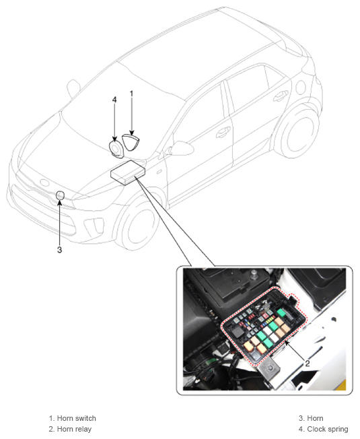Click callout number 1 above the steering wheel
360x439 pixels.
point(131,94)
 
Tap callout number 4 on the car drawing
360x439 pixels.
point(114,100)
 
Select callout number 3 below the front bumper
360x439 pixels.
point(60,249)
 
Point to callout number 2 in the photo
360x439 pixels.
point(308,364)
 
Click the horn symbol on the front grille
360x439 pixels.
point(60,195)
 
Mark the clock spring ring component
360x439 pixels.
point(116,148)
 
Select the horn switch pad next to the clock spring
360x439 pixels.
point(131,142)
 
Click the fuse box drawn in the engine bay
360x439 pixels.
point(128,172)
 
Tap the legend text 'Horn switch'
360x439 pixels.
point(76,418)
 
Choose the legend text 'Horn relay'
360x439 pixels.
point(74,429)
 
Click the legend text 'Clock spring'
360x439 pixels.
point(328,429)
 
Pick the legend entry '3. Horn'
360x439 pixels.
point(311,418)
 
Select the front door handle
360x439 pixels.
point(223,132)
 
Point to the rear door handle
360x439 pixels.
point(280,96)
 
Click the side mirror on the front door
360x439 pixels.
point(180,148)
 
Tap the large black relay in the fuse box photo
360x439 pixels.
point(238,333)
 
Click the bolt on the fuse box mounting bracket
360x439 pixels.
point(270,368)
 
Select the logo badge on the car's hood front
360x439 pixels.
point(44,182)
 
